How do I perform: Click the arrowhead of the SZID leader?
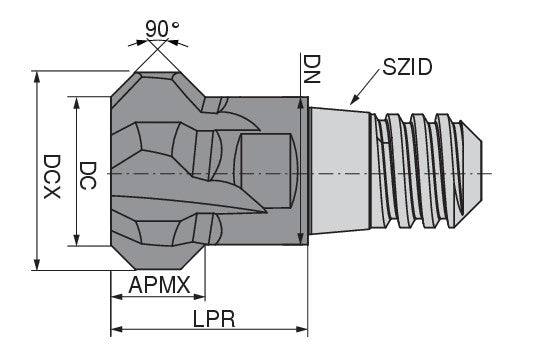click(x=352, y=102)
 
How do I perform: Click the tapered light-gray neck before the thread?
click(x=339, y=173)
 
